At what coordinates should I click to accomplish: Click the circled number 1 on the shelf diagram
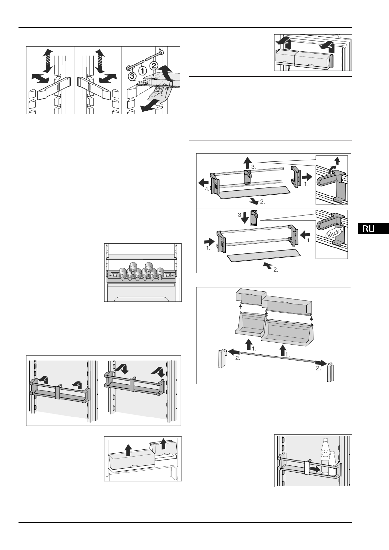[x=142, y=70]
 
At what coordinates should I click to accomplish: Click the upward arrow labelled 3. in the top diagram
[x=247, y=162]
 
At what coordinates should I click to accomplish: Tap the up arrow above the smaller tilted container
[x=164, y=445]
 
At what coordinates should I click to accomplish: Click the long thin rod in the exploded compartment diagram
[x=278, y=357]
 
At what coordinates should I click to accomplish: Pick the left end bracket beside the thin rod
[x=222, y=359]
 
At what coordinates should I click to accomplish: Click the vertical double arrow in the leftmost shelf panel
[x=48, y=61]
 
